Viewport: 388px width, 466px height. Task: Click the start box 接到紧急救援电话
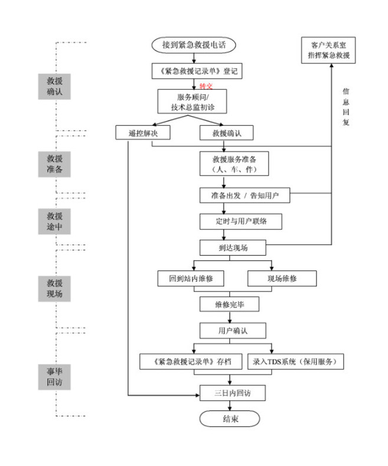point(194,45)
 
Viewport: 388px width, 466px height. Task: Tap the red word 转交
point(206,86)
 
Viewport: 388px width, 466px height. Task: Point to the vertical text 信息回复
point(346,106)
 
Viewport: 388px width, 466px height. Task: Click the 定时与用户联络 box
point(240,221)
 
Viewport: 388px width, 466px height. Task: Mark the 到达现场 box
point(233,247)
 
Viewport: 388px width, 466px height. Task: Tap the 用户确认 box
point(233,330)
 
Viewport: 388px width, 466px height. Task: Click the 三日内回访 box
point(232,392)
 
